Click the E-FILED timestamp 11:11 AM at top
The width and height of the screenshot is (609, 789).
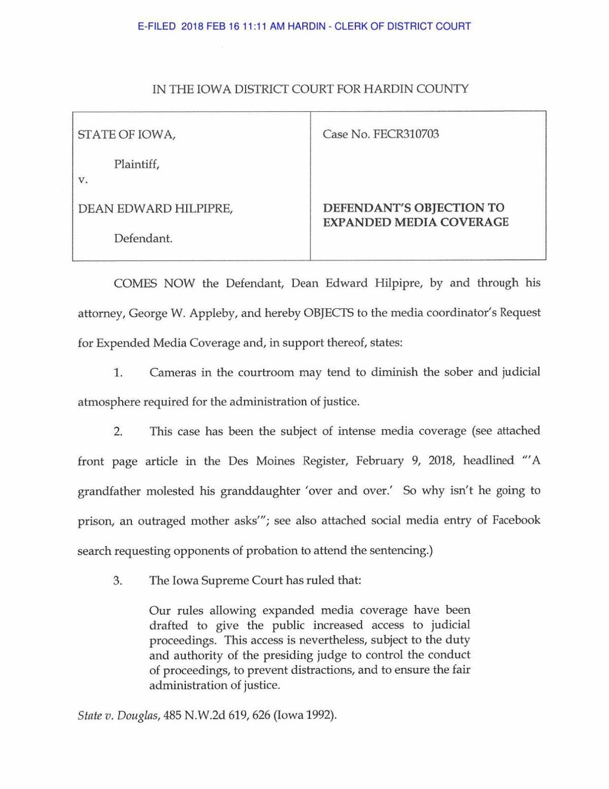coord(255,26)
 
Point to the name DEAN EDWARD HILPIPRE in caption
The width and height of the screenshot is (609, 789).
coord(155,209)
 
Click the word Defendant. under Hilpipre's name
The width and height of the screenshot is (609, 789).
coord(143,239)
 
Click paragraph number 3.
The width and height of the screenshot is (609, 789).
coord(118,581)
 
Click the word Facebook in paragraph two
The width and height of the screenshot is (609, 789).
coord(516,521)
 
